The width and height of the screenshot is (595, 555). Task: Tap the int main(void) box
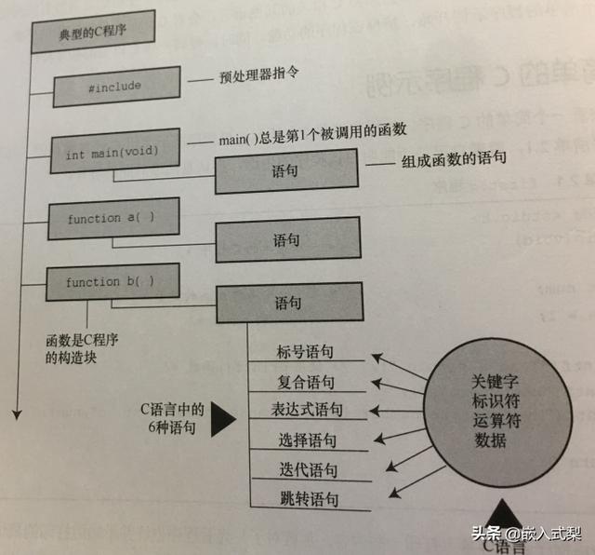tap(112, 152)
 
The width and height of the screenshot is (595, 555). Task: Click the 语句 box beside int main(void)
tap(285, 171)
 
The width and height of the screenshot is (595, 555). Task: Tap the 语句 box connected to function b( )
tap(287, 304)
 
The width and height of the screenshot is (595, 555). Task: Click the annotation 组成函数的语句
tap(453, 159)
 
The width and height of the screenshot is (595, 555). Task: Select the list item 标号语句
tap(305, 353)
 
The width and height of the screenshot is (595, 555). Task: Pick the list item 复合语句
tap(306, 382)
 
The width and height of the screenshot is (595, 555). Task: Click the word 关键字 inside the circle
tap(489, 384)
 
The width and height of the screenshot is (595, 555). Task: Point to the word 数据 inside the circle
tap(489, 440)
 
